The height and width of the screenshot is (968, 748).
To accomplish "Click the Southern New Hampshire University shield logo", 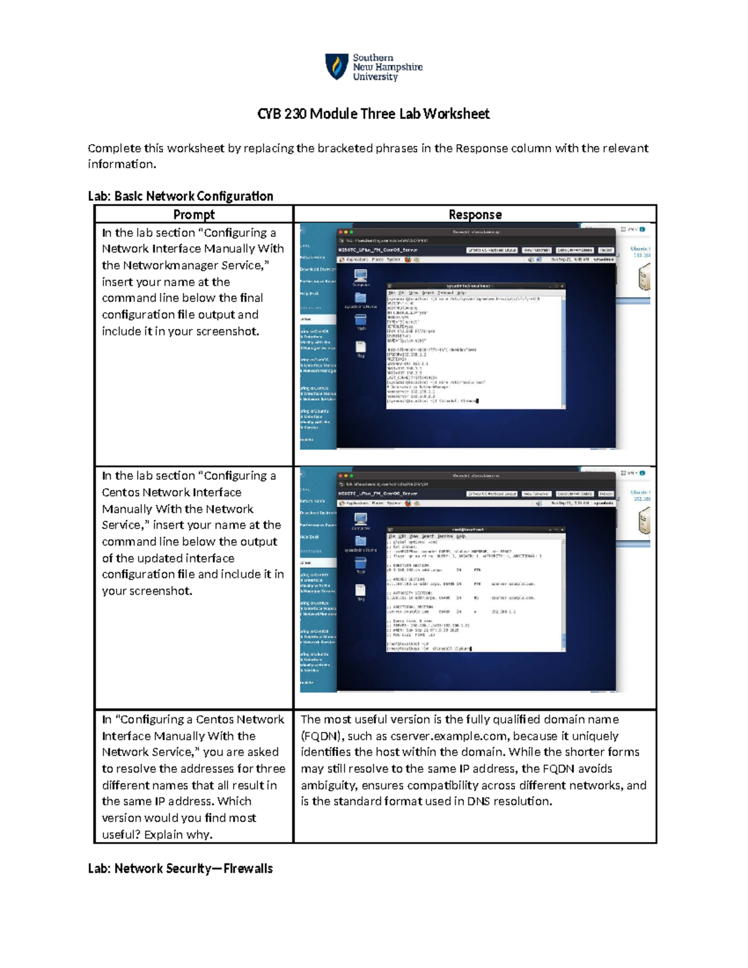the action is point(337,66).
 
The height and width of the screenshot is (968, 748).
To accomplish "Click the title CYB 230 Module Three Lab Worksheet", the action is point(373,114).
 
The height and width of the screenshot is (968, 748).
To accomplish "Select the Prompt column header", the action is point(193,214).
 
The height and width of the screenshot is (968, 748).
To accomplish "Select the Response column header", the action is point(475,214).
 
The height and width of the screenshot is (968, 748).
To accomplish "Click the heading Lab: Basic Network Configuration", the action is point(180,196).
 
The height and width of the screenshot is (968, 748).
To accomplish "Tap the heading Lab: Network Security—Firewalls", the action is point(180,868).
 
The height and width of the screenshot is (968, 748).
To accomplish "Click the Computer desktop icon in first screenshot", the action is point(360,276).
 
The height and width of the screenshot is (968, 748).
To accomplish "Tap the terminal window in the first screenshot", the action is point(476,346).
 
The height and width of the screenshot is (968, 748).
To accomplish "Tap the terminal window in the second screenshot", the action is point(476,589).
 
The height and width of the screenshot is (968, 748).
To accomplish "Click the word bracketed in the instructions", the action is point(345,148).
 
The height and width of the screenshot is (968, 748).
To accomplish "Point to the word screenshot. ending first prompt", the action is point(228,332).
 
